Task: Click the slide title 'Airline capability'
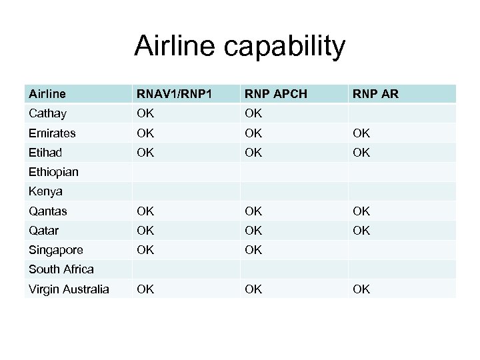point(240,47)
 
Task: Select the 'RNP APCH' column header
point(274,95)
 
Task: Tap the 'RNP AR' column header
point(375,95)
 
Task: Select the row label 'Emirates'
point(51,133)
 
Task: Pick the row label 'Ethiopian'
point(53,172)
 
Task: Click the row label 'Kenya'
point(45,191)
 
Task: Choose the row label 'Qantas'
point(48,211)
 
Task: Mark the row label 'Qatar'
point(43,231)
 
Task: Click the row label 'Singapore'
point(55,250)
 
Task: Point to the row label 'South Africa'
point(61,269)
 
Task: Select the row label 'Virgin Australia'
point(69,289)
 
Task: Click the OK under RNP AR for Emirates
point(361,133)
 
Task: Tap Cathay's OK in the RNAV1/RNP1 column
point(145,114)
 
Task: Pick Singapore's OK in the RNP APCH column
point(253,250)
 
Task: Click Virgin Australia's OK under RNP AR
point(361,289)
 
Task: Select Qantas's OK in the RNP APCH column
point(253,211)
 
